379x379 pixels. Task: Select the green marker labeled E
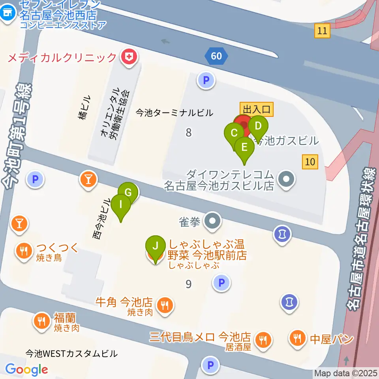(244, 148)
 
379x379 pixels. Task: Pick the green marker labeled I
(121, 205)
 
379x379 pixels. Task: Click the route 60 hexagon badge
(216, 56)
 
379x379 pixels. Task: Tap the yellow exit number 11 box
(323, 31)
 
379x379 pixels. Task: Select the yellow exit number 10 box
(310, 161)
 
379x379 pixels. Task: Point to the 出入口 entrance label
(257, 109)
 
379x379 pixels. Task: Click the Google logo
(27, 370)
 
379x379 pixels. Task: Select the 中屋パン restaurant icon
(297, 338)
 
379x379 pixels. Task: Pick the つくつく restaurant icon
(23, 250)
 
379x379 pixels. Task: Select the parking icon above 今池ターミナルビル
(206, 81)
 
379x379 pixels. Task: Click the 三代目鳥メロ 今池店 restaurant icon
(263, 339)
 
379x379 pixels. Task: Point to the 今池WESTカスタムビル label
(71, 353)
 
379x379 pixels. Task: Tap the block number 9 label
(189, 283)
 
